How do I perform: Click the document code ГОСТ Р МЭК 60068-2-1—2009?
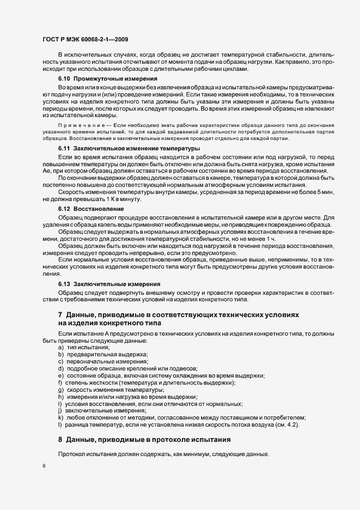pos(85,39)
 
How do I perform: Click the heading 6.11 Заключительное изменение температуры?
pos(129,149)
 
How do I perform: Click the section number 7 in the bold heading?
pos(60,314)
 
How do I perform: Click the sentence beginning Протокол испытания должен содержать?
pos(163,454)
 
